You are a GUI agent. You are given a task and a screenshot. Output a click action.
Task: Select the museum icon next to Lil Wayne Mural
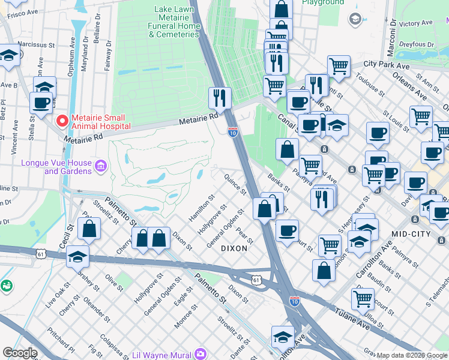pyautogui.click(x=200, y=354)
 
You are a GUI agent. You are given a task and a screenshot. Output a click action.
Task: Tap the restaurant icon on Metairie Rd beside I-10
pyautogui.click(x=220, y=97)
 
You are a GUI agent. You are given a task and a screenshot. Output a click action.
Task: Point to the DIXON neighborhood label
pyautogui.click(x=234, y=248)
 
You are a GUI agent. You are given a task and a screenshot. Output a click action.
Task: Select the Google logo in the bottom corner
pyautogui.click(x=20, y=353)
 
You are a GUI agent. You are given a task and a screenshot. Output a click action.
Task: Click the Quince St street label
pyautogui.click(x=235, y=184)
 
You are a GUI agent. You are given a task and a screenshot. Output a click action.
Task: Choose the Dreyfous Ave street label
pyautogui.click(x=417, y=44)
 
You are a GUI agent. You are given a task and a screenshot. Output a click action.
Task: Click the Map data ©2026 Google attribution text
pyautogui.click(x=412, y=355)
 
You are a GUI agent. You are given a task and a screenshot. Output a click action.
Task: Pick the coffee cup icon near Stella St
pyautogui.click(x=41, y=103)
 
